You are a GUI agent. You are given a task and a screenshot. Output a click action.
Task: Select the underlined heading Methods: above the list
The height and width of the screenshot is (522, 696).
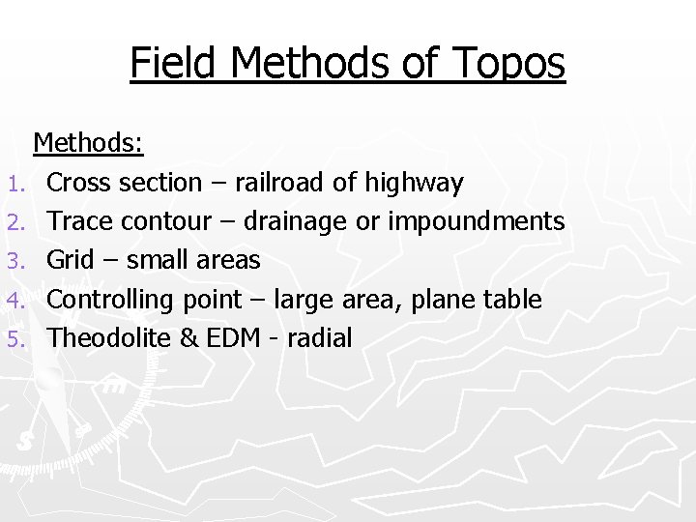89,143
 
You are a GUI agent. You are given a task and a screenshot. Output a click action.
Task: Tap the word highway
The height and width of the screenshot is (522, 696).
418,182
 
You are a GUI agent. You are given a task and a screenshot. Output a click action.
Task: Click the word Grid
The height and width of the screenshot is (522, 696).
70,260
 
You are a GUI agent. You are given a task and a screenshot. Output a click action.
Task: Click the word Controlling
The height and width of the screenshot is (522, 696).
109,300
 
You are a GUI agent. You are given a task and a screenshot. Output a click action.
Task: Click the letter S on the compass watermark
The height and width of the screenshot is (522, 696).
23,441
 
